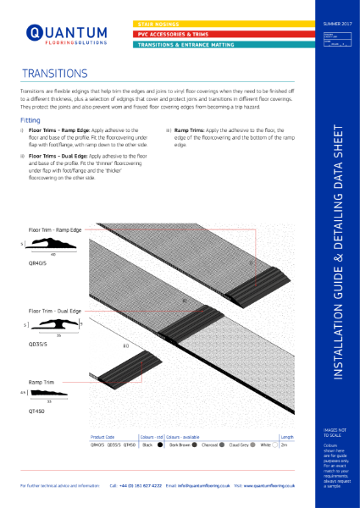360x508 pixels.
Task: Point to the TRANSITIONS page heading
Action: click(57, 74)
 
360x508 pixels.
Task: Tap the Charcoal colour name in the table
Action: click(211, 444)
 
